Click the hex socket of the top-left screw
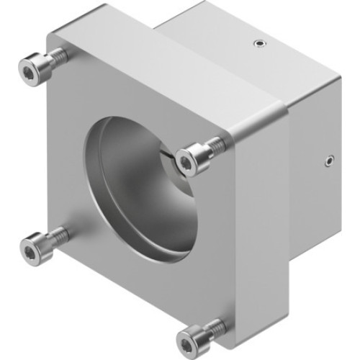point(28,71)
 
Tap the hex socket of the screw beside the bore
point(187,161)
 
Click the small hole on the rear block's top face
point(258,45)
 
